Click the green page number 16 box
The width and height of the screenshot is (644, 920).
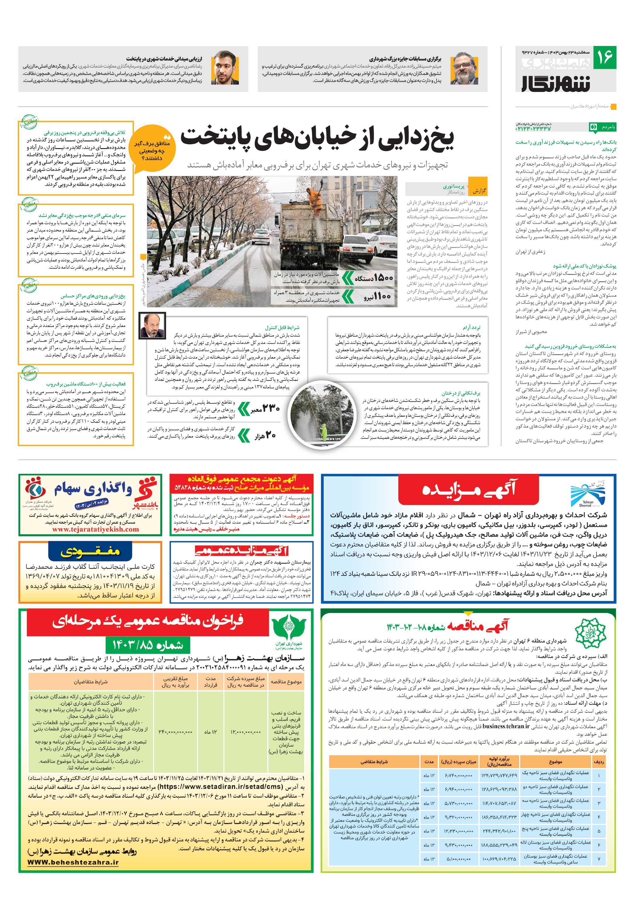click(x=604, y=57)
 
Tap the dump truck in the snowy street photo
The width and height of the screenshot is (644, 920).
click(x=306, y=232)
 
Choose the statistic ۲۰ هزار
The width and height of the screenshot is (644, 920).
click(x=265, y=436)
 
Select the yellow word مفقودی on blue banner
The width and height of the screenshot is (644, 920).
click(x=90, y=552)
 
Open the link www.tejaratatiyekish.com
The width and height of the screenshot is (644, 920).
click(x=95, y=529)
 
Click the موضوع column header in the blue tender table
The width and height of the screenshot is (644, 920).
click(x=555, y=762)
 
